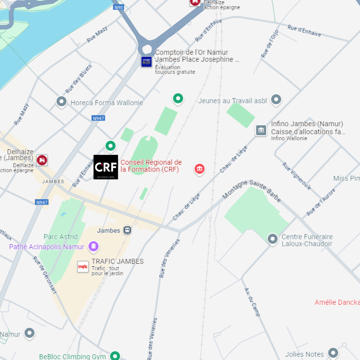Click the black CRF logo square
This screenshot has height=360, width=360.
tap(106, 167)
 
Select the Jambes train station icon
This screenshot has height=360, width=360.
tap(127, 230)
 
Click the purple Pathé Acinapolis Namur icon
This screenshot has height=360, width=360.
tap(93, 246)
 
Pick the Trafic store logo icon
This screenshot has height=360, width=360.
tap(83, 267)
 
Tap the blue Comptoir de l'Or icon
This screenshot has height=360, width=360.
tap(146, 62)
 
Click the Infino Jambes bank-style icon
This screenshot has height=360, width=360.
tap(261, 130)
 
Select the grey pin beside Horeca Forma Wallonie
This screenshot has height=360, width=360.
tap(61, 101)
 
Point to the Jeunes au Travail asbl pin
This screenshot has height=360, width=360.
tap(276, 99)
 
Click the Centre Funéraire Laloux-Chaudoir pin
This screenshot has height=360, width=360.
tap(273, 239)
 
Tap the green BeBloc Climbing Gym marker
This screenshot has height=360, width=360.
tap(115, 356)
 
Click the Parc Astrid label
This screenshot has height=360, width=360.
tap(61, 237)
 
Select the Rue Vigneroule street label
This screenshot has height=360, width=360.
tap(296, 176)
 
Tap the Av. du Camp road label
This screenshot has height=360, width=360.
tap(252, 302)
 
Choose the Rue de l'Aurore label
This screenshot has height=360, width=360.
tap(321, 202)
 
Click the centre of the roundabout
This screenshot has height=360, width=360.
tap(147, 49)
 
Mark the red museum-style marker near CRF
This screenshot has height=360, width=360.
tap(199, 169)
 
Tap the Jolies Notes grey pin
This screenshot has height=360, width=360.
tap(333, 353)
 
